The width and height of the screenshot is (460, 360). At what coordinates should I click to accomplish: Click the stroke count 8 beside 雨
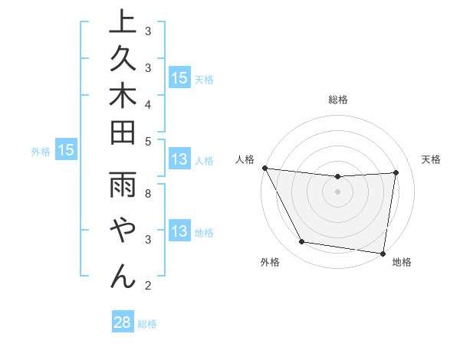[148, 194]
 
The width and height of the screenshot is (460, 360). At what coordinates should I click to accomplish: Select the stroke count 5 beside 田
[148, 141]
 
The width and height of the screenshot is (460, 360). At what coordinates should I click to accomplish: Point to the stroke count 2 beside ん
[148, 286]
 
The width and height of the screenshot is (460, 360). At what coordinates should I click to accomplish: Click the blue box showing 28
[122, 322]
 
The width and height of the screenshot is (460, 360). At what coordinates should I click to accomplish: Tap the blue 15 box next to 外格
[65, 151]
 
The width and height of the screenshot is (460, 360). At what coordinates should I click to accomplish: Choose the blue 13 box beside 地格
[179, 232]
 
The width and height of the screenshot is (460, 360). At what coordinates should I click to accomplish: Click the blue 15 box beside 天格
[179, 77]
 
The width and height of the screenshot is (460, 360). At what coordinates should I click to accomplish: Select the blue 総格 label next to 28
[147, 324]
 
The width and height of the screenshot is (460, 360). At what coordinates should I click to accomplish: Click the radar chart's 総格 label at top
[338, 100]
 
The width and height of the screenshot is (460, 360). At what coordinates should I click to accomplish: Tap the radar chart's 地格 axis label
[402, 263]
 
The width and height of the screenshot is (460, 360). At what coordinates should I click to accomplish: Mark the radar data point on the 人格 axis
[264, 168]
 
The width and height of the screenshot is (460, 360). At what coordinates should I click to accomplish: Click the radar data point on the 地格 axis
[383, 254]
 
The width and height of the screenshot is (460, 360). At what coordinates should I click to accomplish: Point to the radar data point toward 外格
[302, 243]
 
